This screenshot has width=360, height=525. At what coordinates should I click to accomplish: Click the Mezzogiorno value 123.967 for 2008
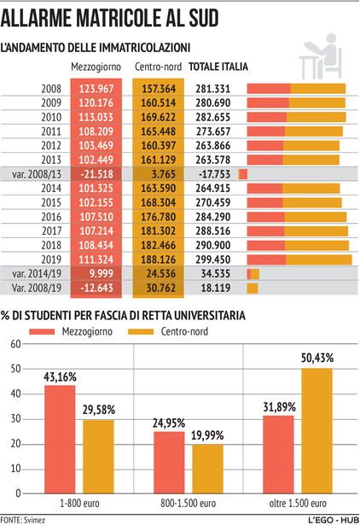[x=96, y=89]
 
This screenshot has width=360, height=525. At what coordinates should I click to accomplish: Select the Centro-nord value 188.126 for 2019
[x=159, y=260]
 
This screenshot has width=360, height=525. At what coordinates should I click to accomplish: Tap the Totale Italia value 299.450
[x=213, y=260]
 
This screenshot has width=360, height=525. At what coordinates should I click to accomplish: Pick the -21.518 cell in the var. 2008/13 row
[x=96, y=174]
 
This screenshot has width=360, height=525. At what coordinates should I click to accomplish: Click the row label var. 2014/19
[x=37, y=274]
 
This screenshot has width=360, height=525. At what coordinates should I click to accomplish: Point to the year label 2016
[x=51, y=217]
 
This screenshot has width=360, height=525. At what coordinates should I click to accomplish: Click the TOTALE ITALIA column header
[x=218, y=67]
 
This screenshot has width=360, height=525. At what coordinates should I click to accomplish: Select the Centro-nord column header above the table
[x=159, y=67]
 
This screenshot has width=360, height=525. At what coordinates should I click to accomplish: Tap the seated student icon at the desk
[x=321, y=56]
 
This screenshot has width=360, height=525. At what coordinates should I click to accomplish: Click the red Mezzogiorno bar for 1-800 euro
[x=60, y=440]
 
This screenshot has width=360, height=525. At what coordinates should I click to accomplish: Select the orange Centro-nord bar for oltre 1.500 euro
[x=317, y=431]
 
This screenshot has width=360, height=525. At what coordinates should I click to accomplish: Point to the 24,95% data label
[x=169, y=423]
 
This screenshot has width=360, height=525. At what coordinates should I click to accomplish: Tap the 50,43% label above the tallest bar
[x=317, y=358]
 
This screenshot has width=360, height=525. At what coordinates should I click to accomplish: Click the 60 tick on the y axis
[x=15, y=344]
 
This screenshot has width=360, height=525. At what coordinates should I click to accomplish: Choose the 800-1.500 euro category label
[x=188, y=504]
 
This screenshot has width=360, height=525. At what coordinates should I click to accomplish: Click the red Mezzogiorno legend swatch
[x=42, y=331]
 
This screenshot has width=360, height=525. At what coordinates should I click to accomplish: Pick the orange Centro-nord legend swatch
[x=141, y=331]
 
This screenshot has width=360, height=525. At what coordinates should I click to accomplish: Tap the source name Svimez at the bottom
[x=34, y=520]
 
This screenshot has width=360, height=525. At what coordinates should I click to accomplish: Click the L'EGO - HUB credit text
[x=334, y=520]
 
